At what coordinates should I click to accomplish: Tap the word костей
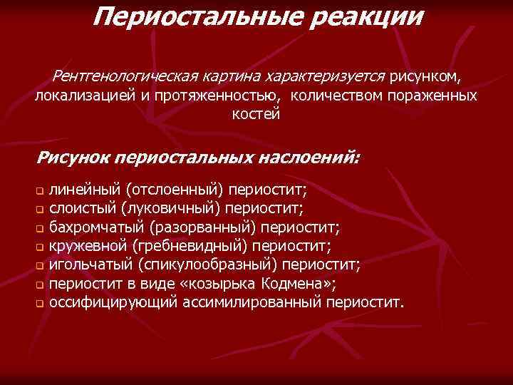(x=256, y=114)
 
